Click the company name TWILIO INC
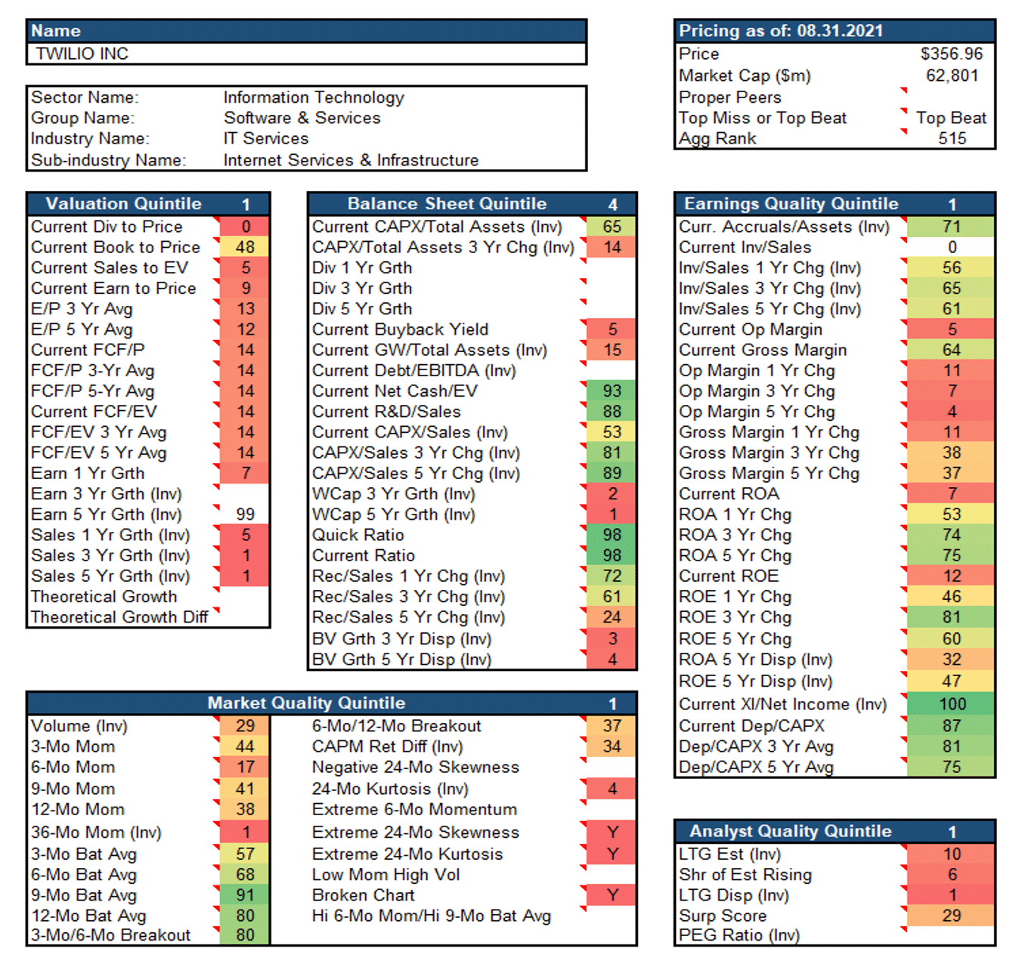82,54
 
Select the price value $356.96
951,54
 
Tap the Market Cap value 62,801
952,76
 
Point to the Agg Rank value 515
952,138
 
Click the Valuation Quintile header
123,204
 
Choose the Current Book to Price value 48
245,247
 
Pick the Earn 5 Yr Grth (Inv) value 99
245,514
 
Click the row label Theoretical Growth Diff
119,617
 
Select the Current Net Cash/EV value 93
612,391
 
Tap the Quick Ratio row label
358,535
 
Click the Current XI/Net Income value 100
952,704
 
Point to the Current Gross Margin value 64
951,350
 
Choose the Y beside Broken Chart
612,895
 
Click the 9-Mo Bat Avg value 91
245,895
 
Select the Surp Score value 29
951,916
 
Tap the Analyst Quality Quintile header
790,832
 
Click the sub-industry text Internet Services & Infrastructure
351,160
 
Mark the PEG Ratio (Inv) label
739,935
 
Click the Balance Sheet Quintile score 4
612,204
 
